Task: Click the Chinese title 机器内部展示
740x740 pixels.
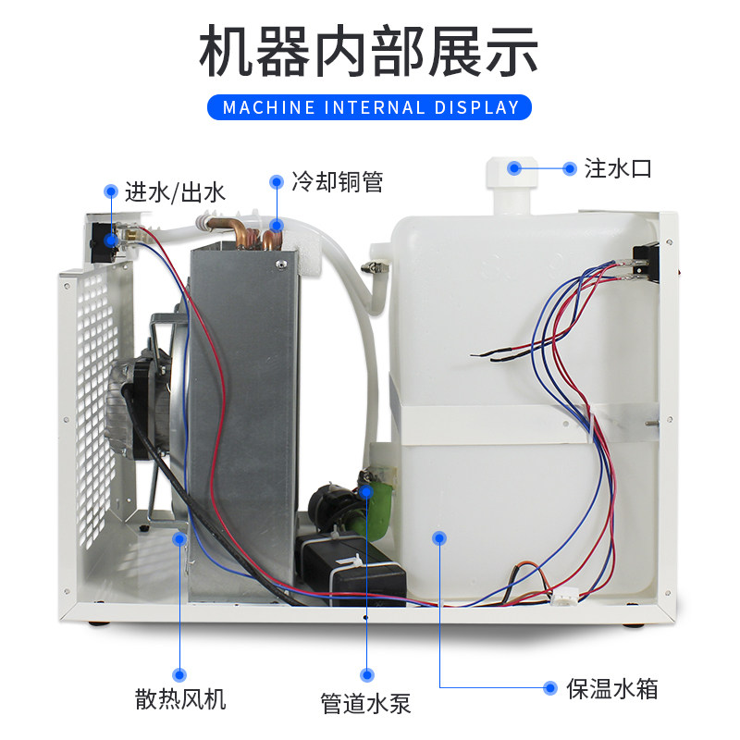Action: point(369,52)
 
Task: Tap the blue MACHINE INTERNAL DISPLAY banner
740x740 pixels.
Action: point(370,106)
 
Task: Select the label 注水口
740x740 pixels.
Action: point(619,168)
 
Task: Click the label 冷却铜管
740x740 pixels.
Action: point(337,182)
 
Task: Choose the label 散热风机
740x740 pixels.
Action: point(181,698)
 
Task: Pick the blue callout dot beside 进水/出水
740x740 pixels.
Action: point(110,192)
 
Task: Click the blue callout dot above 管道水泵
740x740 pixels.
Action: point(367,492)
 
